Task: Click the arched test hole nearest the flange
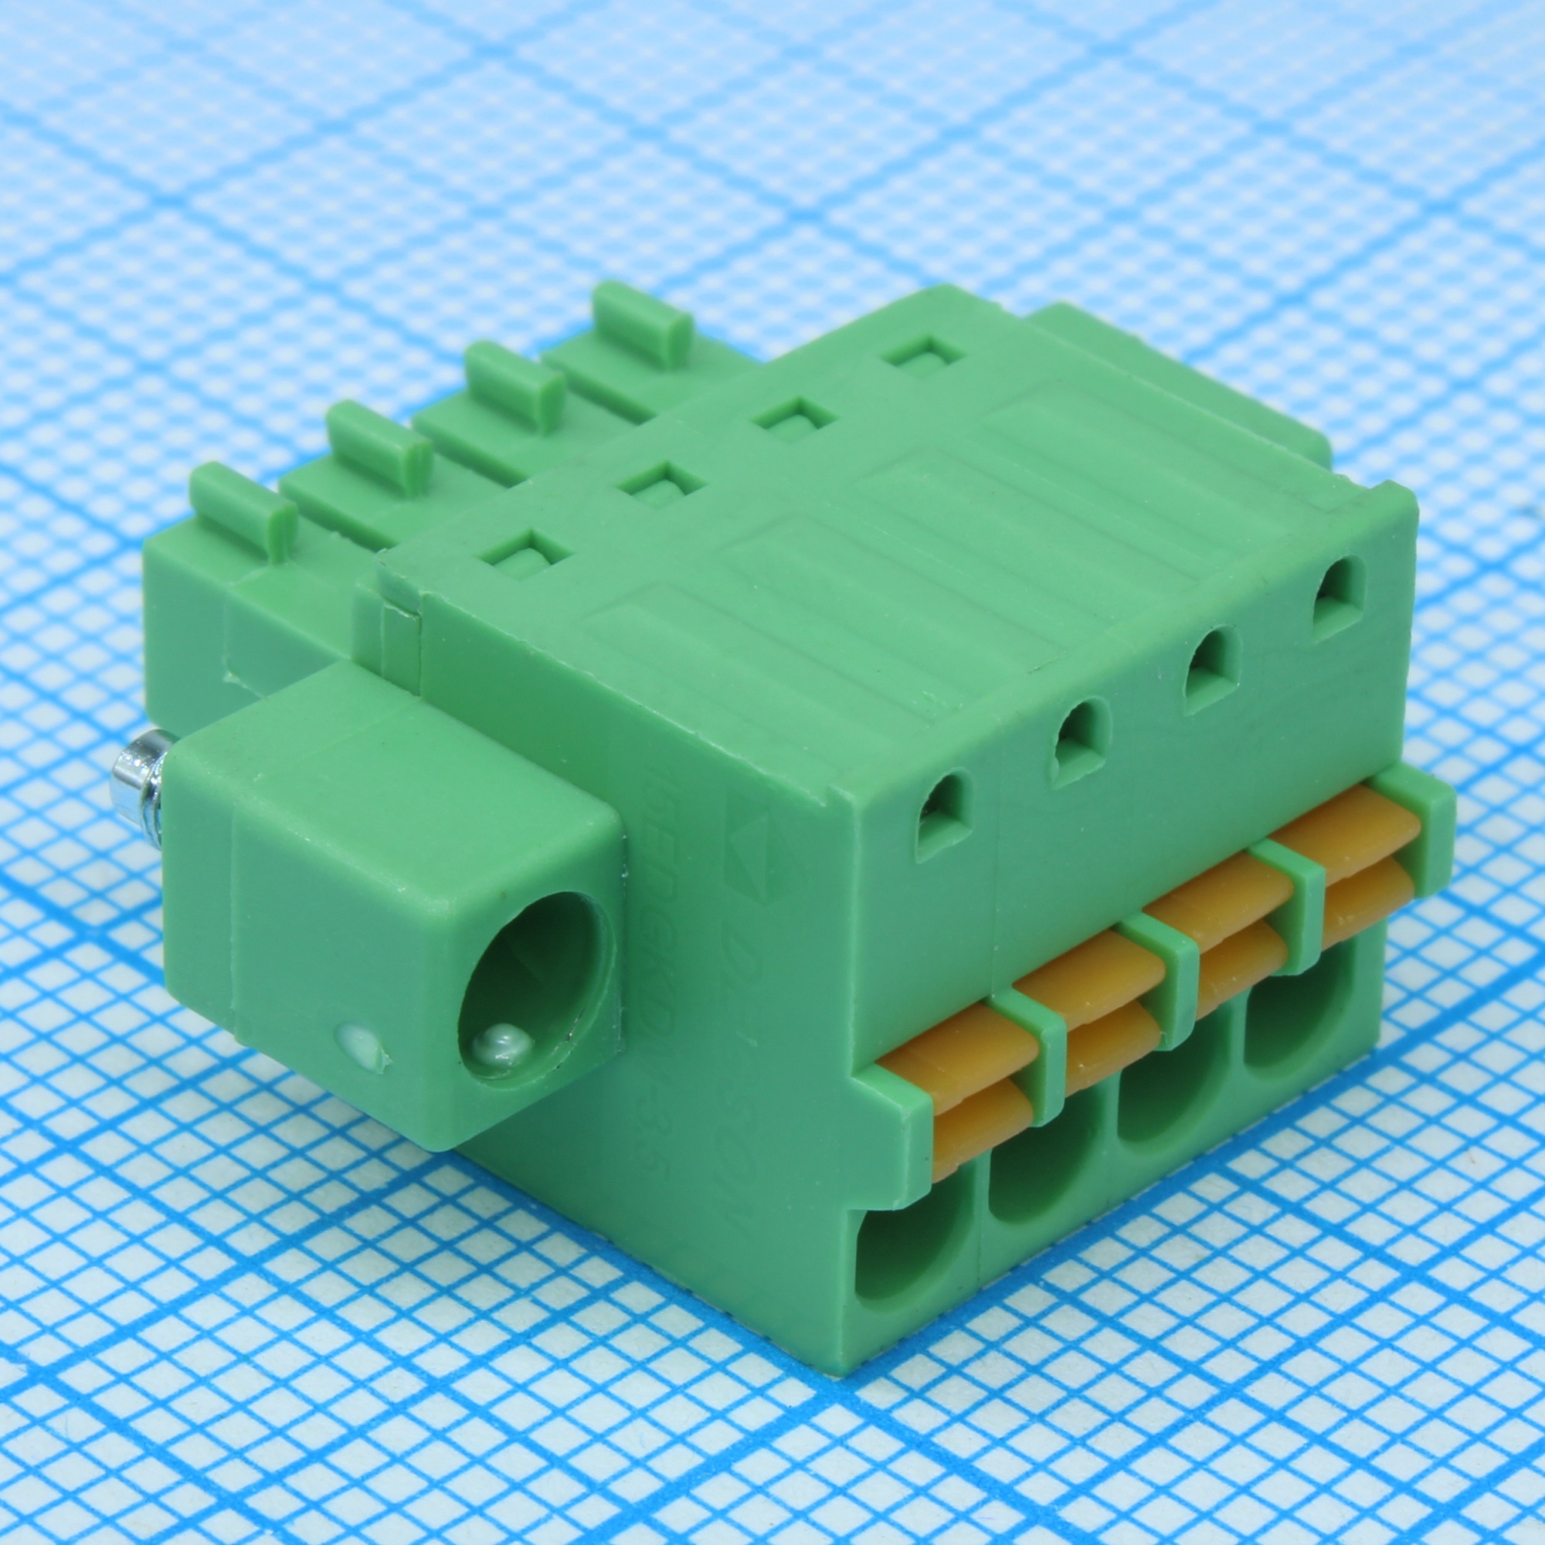coord(945,817)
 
